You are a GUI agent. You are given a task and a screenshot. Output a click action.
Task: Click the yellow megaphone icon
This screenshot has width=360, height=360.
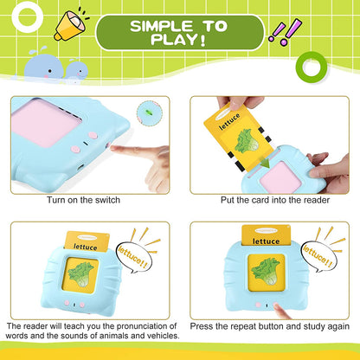[x=66, y=25]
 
